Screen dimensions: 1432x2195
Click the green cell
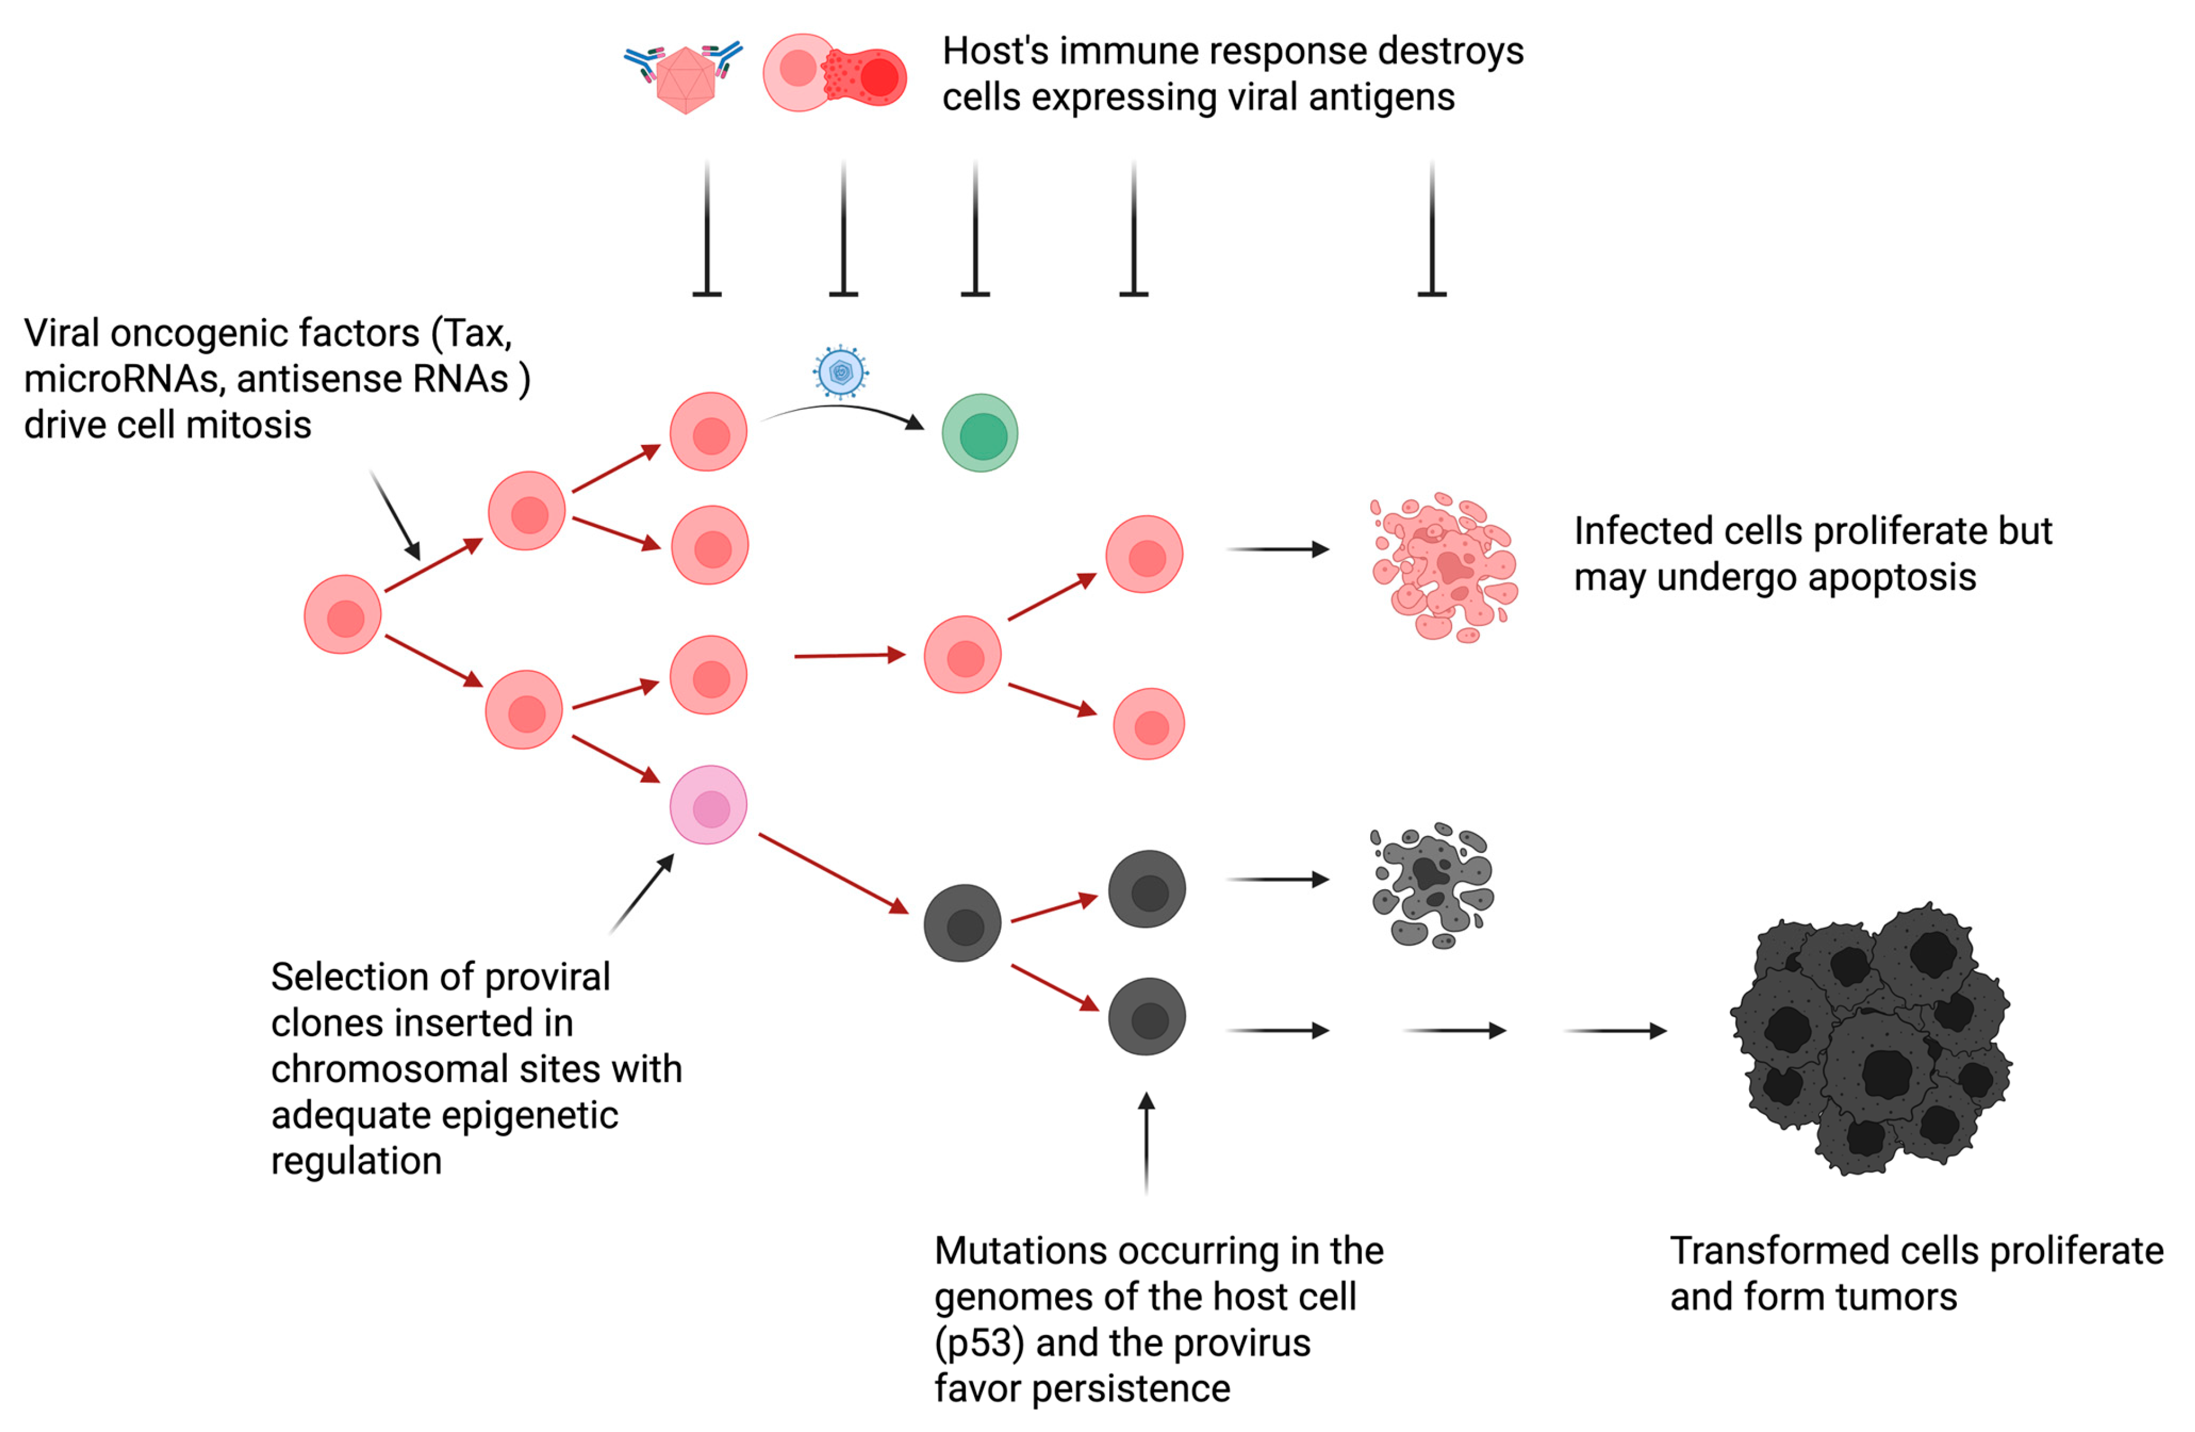(979, 433)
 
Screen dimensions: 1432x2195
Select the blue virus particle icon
(840, 372)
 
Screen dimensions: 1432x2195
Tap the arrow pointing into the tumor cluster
(1616, 1031)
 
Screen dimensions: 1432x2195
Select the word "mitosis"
(249, 426)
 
